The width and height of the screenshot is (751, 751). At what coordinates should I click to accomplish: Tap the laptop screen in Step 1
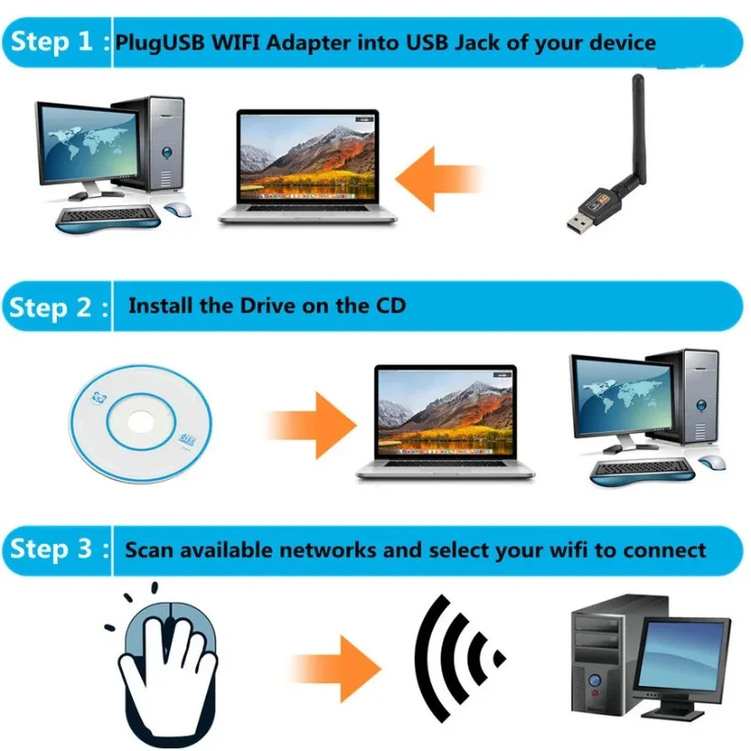pyautogui.click(x=307, y=151)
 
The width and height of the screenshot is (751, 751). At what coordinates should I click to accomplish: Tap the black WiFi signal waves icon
pyautogui.click(x=454, y=658)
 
